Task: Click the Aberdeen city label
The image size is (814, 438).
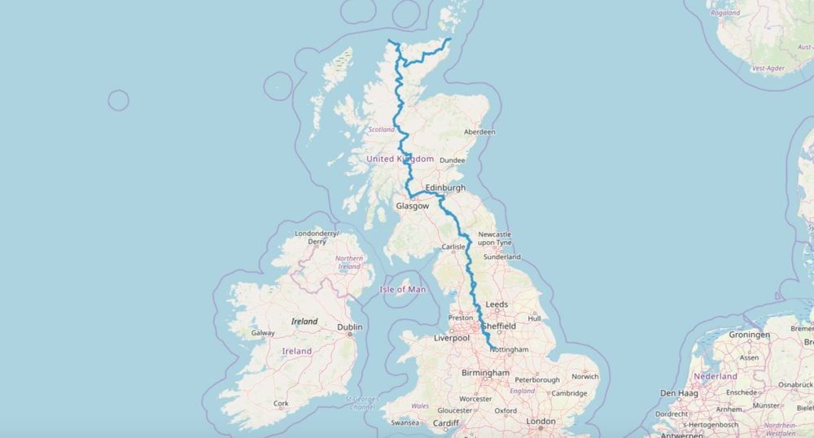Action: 479,132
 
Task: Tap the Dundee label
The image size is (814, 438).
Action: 452,160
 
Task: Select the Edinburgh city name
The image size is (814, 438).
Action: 445,188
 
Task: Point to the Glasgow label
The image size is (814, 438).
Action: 412,206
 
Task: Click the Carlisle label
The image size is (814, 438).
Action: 452,246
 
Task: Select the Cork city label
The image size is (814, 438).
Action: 281,404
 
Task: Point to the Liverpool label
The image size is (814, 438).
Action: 453,337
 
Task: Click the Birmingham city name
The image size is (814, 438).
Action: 484,373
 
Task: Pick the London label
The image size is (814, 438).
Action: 540,421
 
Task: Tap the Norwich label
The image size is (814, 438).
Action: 584,376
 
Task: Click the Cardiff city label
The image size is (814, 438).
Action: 445,423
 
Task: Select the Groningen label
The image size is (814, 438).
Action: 749,335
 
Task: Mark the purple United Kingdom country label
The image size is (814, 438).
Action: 400,159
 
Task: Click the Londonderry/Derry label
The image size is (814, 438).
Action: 316,238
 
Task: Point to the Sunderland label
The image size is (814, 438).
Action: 501,257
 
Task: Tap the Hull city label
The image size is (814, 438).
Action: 534,318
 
